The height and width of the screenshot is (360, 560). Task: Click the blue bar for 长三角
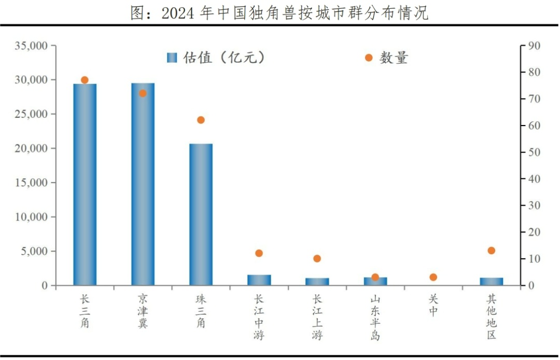coord(85,184)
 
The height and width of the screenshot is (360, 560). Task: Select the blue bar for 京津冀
coord(143,184)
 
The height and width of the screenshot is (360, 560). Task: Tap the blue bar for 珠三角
coord(201,214)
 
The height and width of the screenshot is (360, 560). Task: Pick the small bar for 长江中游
coord(259,280)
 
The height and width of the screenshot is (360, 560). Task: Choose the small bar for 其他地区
coord(491,281)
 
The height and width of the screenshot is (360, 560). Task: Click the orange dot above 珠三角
coord(201,120)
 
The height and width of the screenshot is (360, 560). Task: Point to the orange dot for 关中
coord(433,277)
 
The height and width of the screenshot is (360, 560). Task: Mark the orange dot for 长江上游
coord(317,258)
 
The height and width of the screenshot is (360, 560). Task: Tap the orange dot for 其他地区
coord(491,251)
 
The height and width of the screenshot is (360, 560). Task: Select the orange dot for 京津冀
coord(143,93)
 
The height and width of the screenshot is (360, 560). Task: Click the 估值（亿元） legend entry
coord(216,58)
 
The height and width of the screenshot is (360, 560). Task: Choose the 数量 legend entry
coord(386,58)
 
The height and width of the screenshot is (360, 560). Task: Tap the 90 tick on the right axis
coord(534,46)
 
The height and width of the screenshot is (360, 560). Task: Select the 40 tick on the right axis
coord(534,179)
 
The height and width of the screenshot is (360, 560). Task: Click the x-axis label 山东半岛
coord(375,317)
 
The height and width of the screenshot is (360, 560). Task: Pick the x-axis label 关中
coord(433,306)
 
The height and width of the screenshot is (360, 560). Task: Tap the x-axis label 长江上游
coord(317,317)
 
